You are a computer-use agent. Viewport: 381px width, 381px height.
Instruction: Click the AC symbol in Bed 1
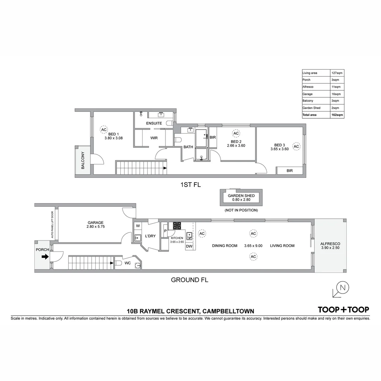click(103, 129)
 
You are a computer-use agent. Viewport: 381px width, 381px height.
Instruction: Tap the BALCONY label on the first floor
click(83, 161)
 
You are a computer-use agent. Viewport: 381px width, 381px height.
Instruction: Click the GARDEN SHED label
click(241, 195)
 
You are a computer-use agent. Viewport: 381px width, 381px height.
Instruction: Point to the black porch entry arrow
click(45, 257)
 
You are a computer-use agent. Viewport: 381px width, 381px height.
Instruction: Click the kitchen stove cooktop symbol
click(177, 226)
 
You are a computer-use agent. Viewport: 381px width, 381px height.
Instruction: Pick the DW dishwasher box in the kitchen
click(189, 246)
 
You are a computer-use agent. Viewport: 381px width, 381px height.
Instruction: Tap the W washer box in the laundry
click(138, 226)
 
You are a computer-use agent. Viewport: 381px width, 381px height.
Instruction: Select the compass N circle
click(342, 288)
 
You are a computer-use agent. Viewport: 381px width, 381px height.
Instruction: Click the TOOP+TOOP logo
click(343, 310)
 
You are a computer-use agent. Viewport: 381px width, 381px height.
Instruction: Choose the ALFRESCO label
click(330, 244)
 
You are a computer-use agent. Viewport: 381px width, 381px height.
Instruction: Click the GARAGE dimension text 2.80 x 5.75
click(96, 227)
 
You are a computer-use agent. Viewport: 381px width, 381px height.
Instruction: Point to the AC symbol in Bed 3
click(296, 146)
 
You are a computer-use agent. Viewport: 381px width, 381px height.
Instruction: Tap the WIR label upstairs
click(154, 138)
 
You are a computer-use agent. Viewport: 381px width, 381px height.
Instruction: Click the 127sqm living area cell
click(337, 73)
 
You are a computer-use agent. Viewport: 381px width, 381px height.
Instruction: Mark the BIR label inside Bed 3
click(290, 171)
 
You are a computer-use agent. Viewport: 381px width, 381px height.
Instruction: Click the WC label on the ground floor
click(128, 263)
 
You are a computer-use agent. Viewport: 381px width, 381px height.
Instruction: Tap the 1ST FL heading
click(190, 185)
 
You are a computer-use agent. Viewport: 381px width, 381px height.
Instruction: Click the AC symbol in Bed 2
click(236, 133)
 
